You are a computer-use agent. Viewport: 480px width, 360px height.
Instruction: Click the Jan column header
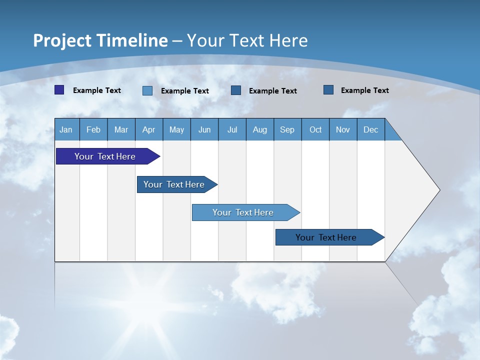(x=66, y=129)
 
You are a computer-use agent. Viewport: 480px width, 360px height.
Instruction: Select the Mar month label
(x=121, y=129)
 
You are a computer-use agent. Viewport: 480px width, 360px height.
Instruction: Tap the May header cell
(x=176, y=129)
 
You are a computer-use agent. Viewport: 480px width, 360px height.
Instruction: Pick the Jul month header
(x=232, y=129)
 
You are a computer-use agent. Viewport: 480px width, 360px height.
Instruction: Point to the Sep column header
(x=287, y=129)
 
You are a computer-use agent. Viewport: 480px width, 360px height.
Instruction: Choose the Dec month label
(x=370, y=129)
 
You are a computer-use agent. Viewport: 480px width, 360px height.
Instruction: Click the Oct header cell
(x=315, y=129)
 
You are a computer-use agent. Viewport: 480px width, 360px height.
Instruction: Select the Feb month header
(x=93, y=129)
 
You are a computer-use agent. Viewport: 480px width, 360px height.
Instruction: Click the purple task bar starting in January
(x=105, y=156)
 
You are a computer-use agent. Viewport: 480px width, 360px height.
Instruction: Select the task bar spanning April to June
(x=174, y=184)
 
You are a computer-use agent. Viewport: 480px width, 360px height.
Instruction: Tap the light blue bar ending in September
(x=243, y=212)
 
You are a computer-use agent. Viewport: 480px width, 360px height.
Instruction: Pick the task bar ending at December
(x=326, y=237)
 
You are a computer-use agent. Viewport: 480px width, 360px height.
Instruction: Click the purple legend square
(x=59, y=90)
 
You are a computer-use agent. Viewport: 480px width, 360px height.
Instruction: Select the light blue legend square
(x=147, y=90)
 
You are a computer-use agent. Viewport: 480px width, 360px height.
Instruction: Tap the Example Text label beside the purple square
(x=97, y=90)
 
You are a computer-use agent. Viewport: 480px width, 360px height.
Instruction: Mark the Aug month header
(x=259, y=129)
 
